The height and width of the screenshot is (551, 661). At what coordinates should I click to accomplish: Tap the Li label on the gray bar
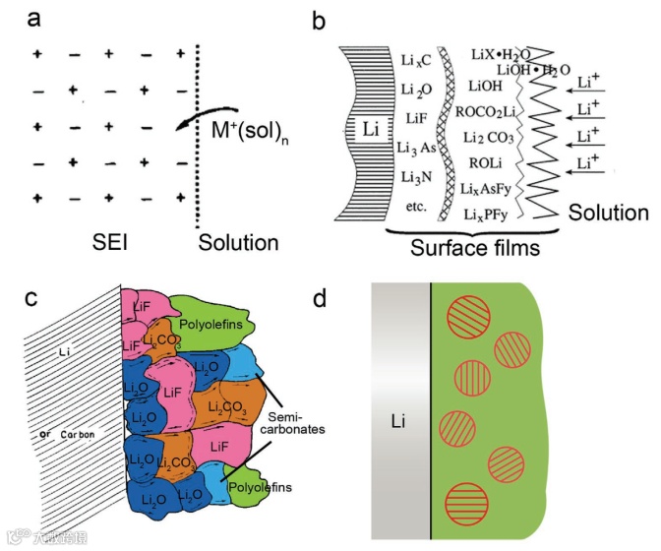click(399, 421)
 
